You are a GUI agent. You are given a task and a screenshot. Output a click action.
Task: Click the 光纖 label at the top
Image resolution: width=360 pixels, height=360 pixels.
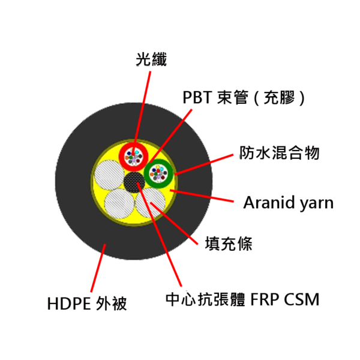tap(151, 59)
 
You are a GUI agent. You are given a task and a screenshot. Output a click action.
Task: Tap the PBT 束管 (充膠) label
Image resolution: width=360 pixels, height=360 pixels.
tap(244, 98)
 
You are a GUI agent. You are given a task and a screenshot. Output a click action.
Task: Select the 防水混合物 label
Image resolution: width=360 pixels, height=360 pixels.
tap(280, 152)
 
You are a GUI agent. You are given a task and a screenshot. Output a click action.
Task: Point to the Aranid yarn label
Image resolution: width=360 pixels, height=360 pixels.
tap(289, 203)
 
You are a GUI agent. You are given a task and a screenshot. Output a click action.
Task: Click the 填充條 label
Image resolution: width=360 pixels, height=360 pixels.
tap(229, 244)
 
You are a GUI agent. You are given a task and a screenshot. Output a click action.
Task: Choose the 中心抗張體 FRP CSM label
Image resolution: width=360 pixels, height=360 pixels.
tap(242, 299)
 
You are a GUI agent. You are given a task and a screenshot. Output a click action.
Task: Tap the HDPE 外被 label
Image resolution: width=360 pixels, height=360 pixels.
tap(87, 304)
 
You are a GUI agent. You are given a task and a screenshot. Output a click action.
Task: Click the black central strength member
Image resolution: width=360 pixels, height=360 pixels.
tap(134, 182)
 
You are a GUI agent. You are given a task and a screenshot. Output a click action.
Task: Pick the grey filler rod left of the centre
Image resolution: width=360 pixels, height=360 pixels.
tap(109, 175)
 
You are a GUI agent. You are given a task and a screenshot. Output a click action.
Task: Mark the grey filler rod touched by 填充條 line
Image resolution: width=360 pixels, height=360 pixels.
tap(151, 203)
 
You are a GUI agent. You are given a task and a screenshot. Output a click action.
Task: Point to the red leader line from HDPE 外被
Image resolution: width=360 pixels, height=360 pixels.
tap(98, 268)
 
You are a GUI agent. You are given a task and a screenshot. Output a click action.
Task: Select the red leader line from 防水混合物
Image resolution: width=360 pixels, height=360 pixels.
tap(203, 165)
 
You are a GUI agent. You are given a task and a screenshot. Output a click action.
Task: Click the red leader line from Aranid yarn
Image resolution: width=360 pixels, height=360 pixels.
tap(202, 196)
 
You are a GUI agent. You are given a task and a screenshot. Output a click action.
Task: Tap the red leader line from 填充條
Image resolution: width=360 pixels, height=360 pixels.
tap(174, 223)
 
